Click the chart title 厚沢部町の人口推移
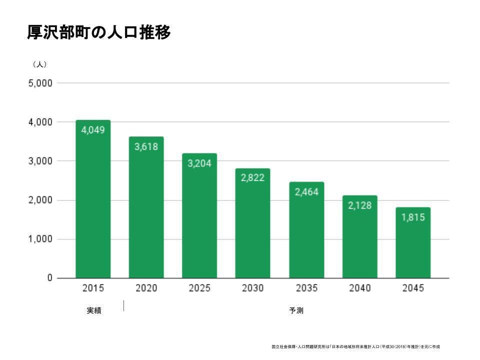[x=99, y=32]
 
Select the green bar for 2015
[x=93, y=210]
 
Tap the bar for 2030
[x=253, y=230]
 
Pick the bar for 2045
[x=413, y=245]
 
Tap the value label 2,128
[x=359, y=205]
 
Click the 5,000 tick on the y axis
[x=40, y=83]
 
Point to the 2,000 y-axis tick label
[x=40, y=200]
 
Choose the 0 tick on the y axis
[x=49, y=278]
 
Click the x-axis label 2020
[x=146, y=288]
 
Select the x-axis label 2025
[x=199, y=288]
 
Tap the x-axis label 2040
[x=359, y=288]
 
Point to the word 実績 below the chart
[x=93, y=310]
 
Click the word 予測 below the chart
[x=296, y=310]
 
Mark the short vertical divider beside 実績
[x=123, y=305]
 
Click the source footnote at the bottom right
[x=355, y=346]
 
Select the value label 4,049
[x=93, y=130]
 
